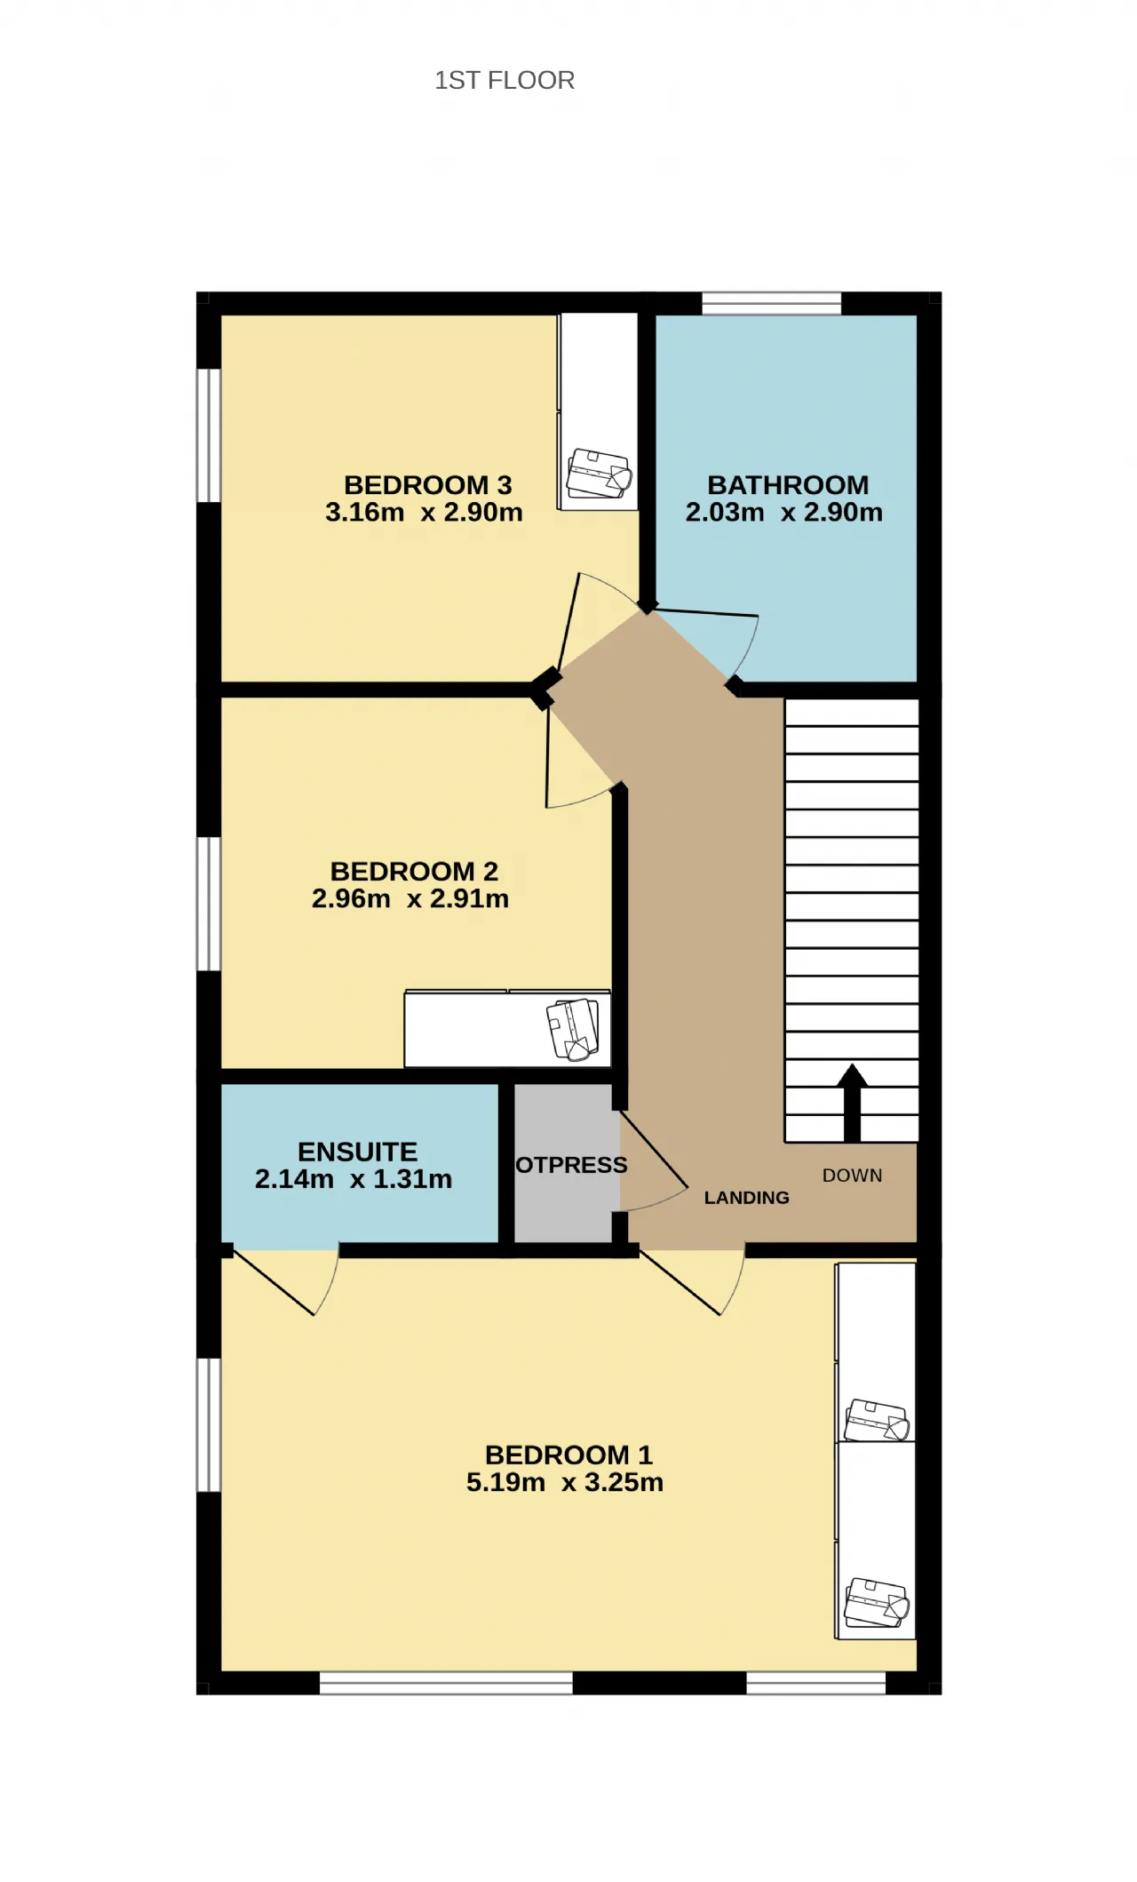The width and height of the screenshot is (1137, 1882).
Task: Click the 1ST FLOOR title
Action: tap(505, 80)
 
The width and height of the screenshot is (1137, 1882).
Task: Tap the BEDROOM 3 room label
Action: tap(428, 485)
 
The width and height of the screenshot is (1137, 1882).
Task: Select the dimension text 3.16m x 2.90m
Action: tap(424, 513)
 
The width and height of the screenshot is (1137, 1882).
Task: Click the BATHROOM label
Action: tap(788, 485)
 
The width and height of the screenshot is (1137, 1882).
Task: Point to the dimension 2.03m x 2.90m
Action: tap(784, 513)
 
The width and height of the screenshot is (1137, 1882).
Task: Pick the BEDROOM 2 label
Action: tap(414, 872)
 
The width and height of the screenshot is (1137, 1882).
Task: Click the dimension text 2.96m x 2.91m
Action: tap(410, 899)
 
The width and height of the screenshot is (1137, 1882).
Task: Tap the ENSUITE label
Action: tap(357, 1152)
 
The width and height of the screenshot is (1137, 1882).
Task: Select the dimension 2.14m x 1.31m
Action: tap(354, 1180)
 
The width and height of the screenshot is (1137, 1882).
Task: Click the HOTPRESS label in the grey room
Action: tap(571, 1165)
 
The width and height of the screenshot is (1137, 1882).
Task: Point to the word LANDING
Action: tap(747, 1198)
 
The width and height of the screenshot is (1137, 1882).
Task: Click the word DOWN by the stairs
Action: tap(853, 1176)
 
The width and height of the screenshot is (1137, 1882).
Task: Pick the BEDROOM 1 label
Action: tap(568, 1455)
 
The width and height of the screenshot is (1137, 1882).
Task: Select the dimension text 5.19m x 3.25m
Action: tap(565, 1483)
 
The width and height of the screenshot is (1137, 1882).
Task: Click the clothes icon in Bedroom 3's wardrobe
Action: tap(600, 474)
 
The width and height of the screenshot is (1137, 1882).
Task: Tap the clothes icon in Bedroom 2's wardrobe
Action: tap(573, 1029)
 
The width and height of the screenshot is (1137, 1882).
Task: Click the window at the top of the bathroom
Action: tap(772, 303)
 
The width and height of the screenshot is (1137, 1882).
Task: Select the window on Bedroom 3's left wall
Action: tap(209, 435)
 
